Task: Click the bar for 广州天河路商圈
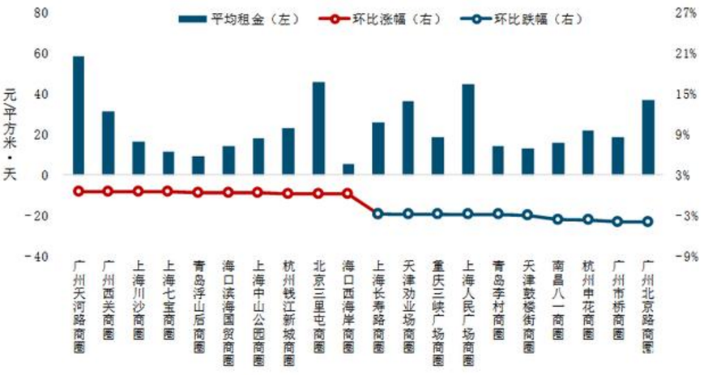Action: coord(79,115)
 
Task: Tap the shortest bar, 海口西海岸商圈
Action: coord(348,169)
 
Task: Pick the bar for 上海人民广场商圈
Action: coord(468,130)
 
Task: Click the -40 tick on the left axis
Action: coord(39,257)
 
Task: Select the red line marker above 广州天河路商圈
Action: coord(79,191)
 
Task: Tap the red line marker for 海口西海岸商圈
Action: coord(348,194)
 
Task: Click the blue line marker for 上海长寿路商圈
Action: coord(378,214)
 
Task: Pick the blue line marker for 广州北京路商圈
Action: coord(648,222)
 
